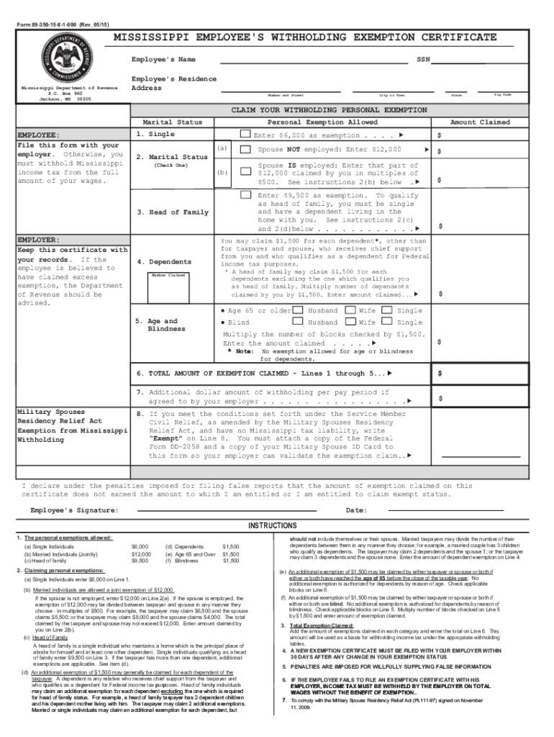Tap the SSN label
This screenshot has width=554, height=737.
(x=423, y=59)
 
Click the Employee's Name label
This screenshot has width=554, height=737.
(x=163, y=59)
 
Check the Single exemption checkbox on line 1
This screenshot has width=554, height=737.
(x=245, y=134)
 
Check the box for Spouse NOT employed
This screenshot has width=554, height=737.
(x=245, y=150)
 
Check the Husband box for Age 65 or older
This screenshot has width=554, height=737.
(x=298, y=310)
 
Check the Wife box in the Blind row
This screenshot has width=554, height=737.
(x=350, y=323)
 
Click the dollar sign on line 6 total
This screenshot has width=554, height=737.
(x=440, y=374)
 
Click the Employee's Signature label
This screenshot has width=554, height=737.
(x=74, y=510)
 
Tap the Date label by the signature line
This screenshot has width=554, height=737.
(x=356, y=510)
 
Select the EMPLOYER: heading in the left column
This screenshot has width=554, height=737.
(x=40, y=240)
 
